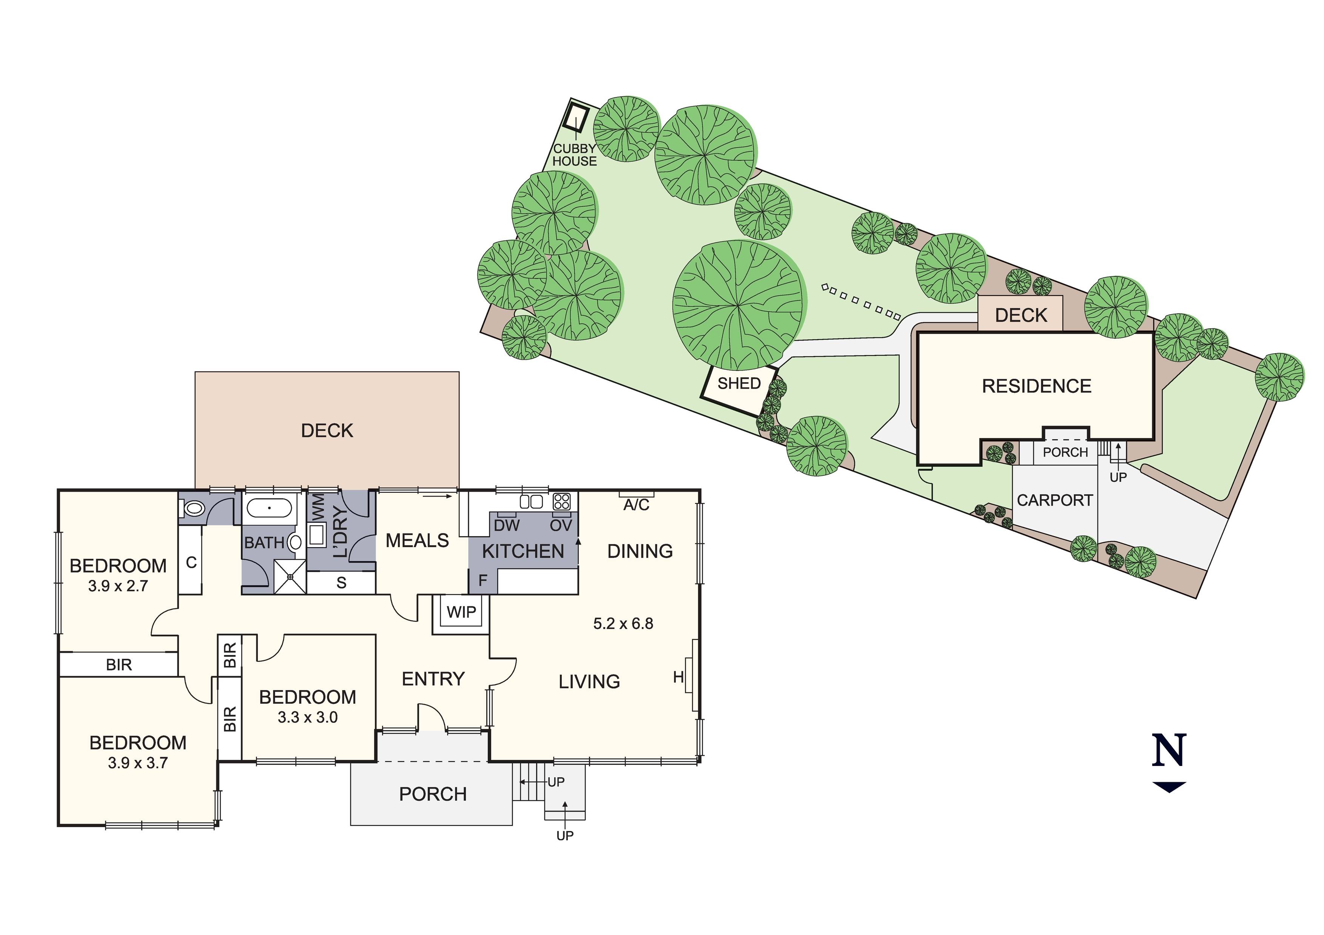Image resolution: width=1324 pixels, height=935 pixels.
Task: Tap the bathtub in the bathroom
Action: [269, 508]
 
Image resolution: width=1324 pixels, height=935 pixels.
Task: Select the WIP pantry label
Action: [461, 612]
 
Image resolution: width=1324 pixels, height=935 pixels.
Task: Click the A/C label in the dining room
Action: [636, 505]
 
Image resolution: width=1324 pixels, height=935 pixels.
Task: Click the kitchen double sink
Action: [531, 501]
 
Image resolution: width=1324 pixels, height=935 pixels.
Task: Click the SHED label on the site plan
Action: [739, 383]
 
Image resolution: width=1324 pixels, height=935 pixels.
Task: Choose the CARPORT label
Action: [1055, 500]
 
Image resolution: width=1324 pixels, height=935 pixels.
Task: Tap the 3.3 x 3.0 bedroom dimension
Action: [307, 717]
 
